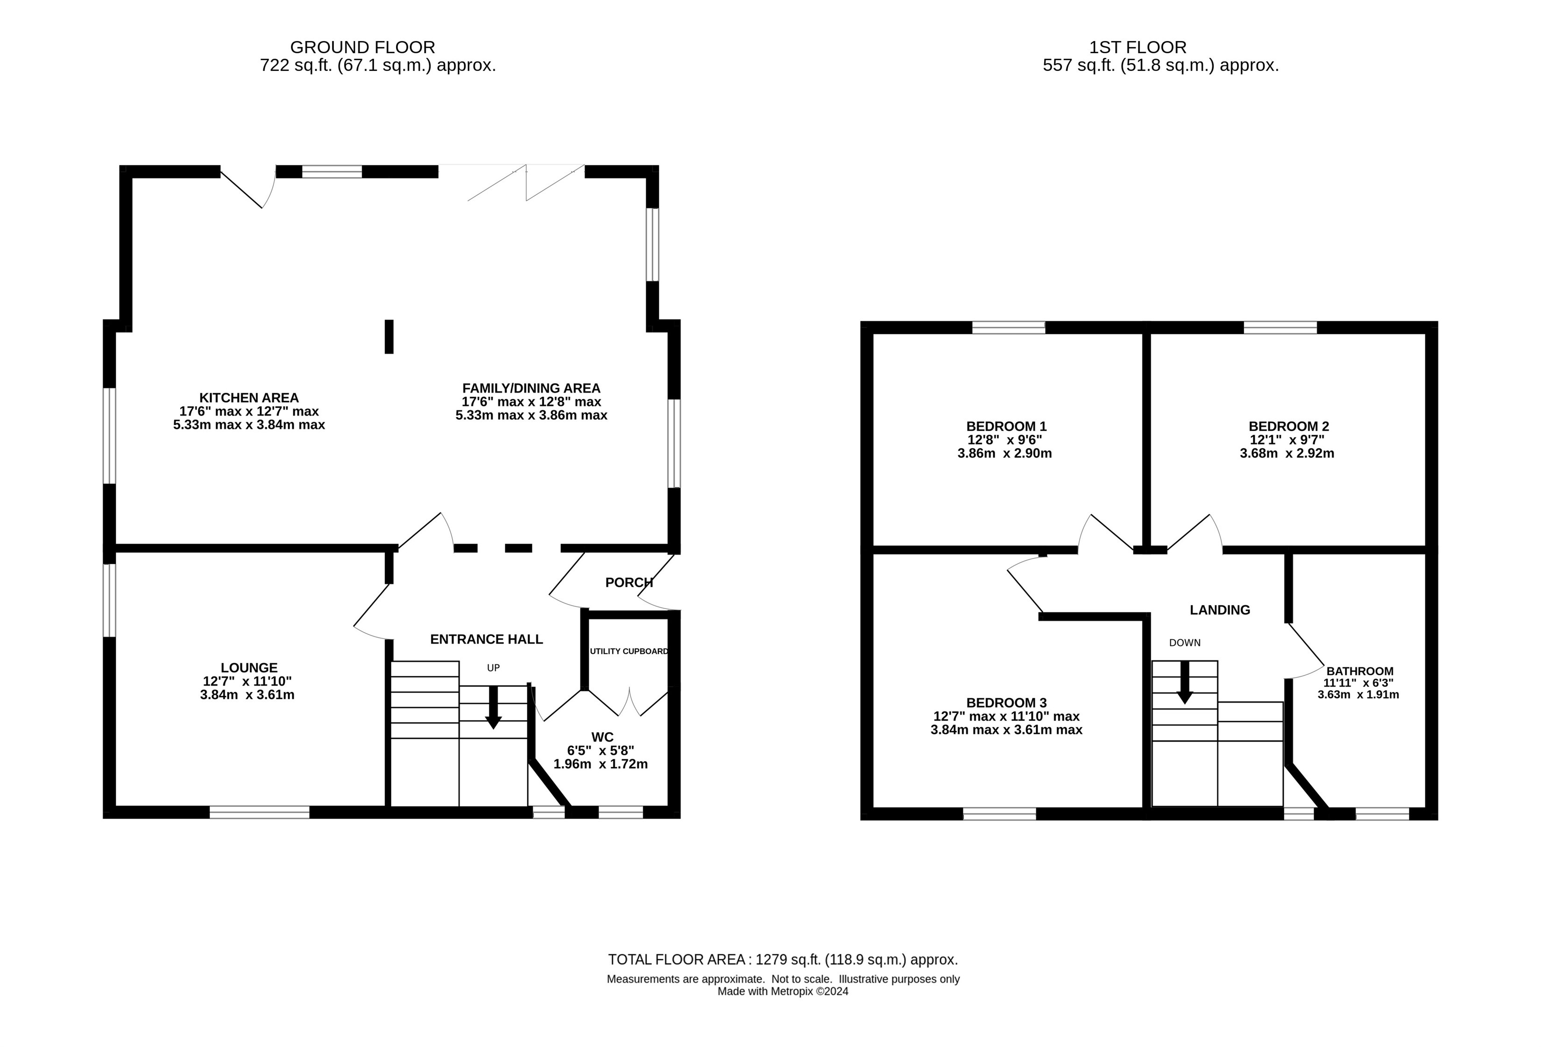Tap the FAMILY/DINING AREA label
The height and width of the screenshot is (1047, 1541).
click(531, 389)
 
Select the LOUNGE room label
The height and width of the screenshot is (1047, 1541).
click(249, 668)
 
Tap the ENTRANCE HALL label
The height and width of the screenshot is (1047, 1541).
click(487, 639)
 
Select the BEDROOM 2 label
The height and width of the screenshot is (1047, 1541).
click(1288, 426)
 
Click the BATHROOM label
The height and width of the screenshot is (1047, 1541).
click(1359, 671)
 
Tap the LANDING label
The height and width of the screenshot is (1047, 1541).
click(1220, 610)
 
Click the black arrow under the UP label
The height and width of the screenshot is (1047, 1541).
click(493, 707)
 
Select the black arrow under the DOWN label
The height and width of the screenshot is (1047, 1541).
click(1184, 682)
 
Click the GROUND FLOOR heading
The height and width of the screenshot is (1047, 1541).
click(363, 48)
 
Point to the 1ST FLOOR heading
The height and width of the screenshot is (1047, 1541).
click(1138, 48)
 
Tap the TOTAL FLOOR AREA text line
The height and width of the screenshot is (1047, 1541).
click(783, 960)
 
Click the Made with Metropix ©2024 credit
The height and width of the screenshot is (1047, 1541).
click(783, 991)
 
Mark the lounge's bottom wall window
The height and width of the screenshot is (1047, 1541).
click(259, 812)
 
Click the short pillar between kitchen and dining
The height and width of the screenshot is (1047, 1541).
click(389, 337)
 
